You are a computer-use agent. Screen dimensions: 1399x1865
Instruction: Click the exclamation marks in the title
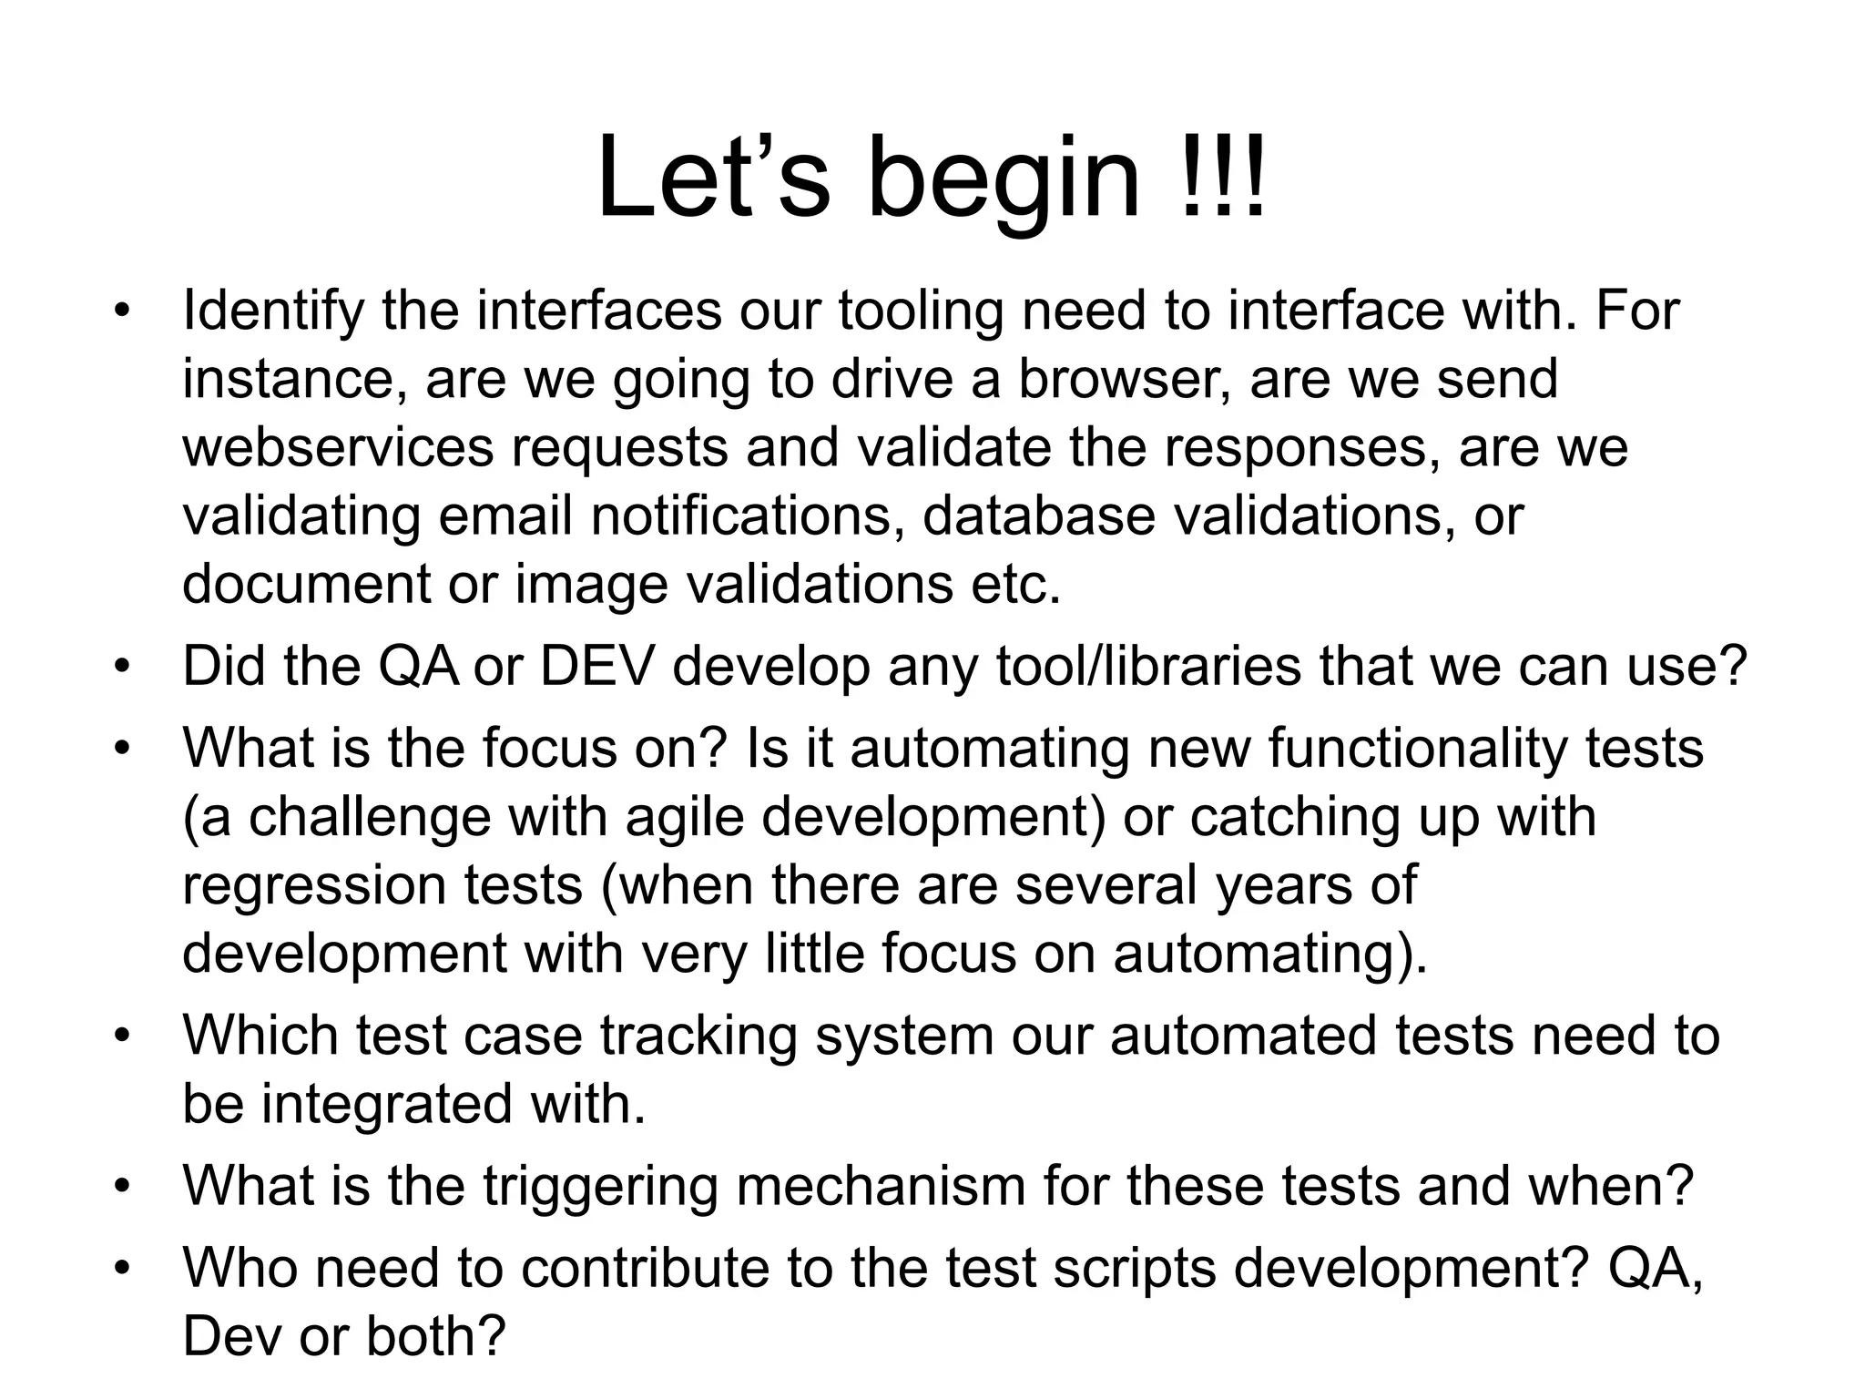click(1219, 178)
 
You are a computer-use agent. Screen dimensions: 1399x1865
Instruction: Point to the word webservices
click(338, 447)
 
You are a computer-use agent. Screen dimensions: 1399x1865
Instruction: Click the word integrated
click(387, 1105)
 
